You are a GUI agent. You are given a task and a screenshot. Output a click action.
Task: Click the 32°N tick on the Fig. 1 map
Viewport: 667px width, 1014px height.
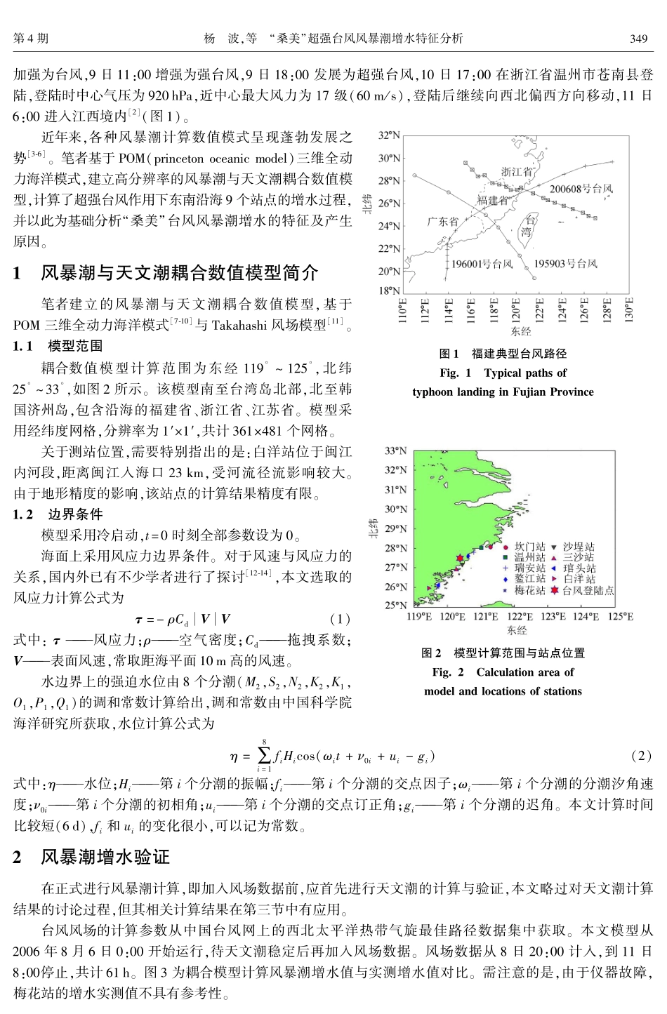pos(388,135)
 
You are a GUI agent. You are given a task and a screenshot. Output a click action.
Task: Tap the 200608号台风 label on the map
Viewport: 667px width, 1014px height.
pos(581,189)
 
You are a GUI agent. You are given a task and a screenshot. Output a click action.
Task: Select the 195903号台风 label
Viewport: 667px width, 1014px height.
pos(565,264)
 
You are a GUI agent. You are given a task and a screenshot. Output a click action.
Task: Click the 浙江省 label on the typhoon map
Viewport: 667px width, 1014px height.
pos(517,171)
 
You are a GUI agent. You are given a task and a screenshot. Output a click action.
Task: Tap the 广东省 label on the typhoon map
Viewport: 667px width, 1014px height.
pos(442,221)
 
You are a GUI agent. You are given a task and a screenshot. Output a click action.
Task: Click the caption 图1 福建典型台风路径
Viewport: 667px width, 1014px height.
pos(503,354)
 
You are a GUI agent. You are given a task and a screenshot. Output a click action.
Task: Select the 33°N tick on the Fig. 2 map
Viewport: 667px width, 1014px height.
pos(395,451)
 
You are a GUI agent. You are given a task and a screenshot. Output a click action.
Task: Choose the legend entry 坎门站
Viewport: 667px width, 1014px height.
pos(529,547)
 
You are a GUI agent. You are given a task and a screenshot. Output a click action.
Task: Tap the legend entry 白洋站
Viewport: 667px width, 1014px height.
pos(579,580)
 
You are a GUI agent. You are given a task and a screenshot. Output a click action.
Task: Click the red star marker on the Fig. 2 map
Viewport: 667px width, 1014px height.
pos(460,559)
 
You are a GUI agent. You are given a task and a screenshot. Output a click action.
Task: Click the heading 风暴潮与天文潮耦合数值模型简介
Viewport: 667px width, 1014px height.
pos(179,273)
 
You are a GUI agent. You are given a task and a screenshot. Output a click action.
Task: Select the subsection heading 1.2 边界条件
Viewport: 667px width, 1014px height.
pos(58,514)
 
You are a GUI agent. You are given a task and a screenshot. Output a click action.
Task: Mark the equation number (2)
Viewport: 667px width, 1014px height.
pos(642,756)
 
